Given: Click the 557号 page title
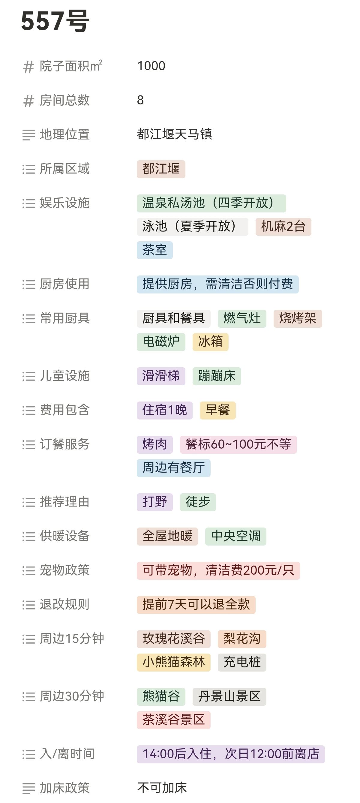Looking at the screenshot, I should [x=55, y=22].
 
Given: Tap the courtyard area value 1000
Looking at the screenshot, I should [x=151, y=66].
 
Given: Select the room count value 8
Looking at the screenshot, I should [x=140, y=100].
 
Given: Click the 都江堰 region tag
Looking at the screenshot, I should [x=161, y=169].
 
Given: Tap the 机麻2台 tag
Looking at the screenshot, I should [x=283, y=227].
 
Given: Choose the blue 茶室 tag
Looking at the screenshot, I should [x=154, y=250].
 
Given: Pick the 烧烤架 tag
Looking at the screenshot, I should [x=298, y=318].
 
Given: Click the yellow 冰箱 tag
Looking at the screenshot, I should [x=210, y=342].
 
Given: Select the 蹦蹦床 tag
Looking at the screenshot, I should [x=217, y=376].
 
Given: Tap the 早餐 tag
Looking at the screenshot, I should [x=217, y=410].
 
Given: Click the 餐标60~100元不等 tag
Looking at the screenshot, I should [x=238, y=444].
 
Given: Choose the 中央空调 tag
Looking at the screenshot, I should [x=235, y=537].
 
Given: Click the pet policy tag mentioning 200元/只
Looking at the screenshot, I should [x=218, y=571].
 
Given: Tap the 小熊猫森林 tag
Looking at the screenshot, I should [x=174, y=662].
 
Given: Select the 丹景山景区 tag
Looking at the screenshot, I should [x=229, y=697].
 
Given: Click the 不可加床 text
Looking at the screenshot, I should [x=162, y=788].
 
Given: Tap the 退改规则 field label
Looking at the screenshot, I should [x=64, y=605].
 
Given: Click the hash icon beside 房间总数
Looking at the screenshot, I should [x=29, y=101].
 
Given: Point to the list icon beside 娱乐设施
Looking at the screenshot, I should [x=29, y=203].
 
